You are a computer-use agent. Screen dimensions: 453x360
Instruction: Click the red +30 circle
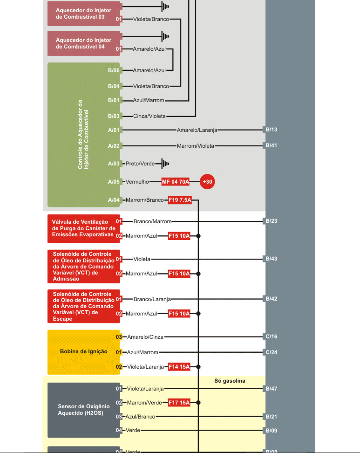(207, 182)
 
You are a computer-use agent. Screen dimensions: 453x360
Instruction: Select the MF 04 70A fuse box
(176, 182)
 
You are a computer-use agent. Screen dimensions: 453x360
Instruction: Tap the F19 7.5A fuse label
(179, 200)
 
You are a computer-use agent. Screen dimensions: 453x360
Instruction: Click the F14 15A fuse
(179, 367)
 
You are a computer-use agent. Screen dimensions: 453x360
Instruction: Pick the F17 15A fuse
(179, 402)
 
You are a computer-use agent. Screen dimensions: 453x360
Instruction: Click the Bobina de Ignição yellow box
(84, 352)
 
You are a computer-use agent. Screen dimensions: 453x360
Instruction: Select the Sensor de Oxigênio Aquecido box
(84, 410)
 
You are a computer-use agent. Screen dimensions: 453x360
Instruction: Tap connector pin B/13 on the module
(271, 130)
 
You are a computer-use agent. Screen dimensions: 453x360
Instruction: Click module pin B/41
(271, 145)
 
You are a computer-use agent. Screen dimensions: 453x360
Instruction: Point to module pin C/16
(271, 336)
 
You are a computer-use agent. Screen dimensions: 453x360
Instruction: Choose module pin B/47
(271, 388)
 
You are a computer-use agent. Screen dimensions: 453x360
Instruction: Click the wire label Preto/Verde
(140, 164)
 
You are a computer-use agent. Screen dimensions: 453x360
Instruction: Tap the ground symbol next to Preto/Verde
(165, 164)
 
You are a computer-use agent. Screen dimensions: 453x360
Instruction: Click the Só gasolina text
(230, 381)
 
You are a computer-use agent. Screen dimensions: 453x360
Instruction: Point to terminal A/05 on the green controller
(114, 182)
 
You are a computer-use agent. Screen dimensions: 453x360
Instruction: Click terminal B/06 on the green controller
(114, 70)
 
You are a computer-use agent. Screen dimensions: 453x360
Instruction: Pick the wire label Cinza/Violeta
(149, 116)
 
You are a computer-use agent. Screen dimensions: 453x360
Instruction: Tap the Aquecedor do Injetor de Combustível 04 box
(84, 43)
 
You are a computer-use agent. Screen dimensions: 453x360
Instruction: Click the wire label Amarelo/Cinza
(145, 336)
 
